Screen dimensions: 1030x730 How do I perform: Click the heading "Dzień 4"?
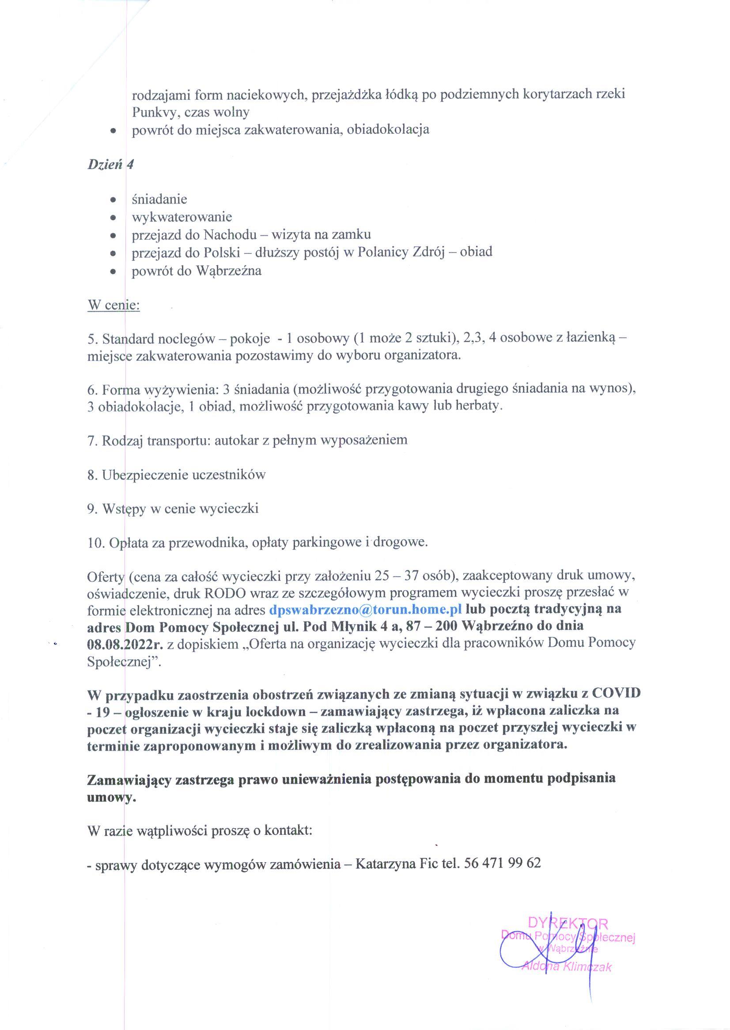coord(110,165)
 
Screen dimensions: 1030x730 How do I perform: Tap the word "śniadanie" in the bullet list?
coord(159,199)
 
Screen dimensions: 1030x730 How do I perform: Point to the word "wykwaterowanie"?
coord(182,217)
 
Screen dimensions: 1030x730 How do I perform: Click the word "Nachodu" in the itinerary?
coord(230,234)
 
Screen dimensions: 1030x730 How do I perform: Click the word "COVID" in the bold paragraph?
coord(616,694)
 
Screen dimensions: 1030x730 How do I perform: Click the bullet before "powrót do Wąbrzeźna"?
coord(114,272)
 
